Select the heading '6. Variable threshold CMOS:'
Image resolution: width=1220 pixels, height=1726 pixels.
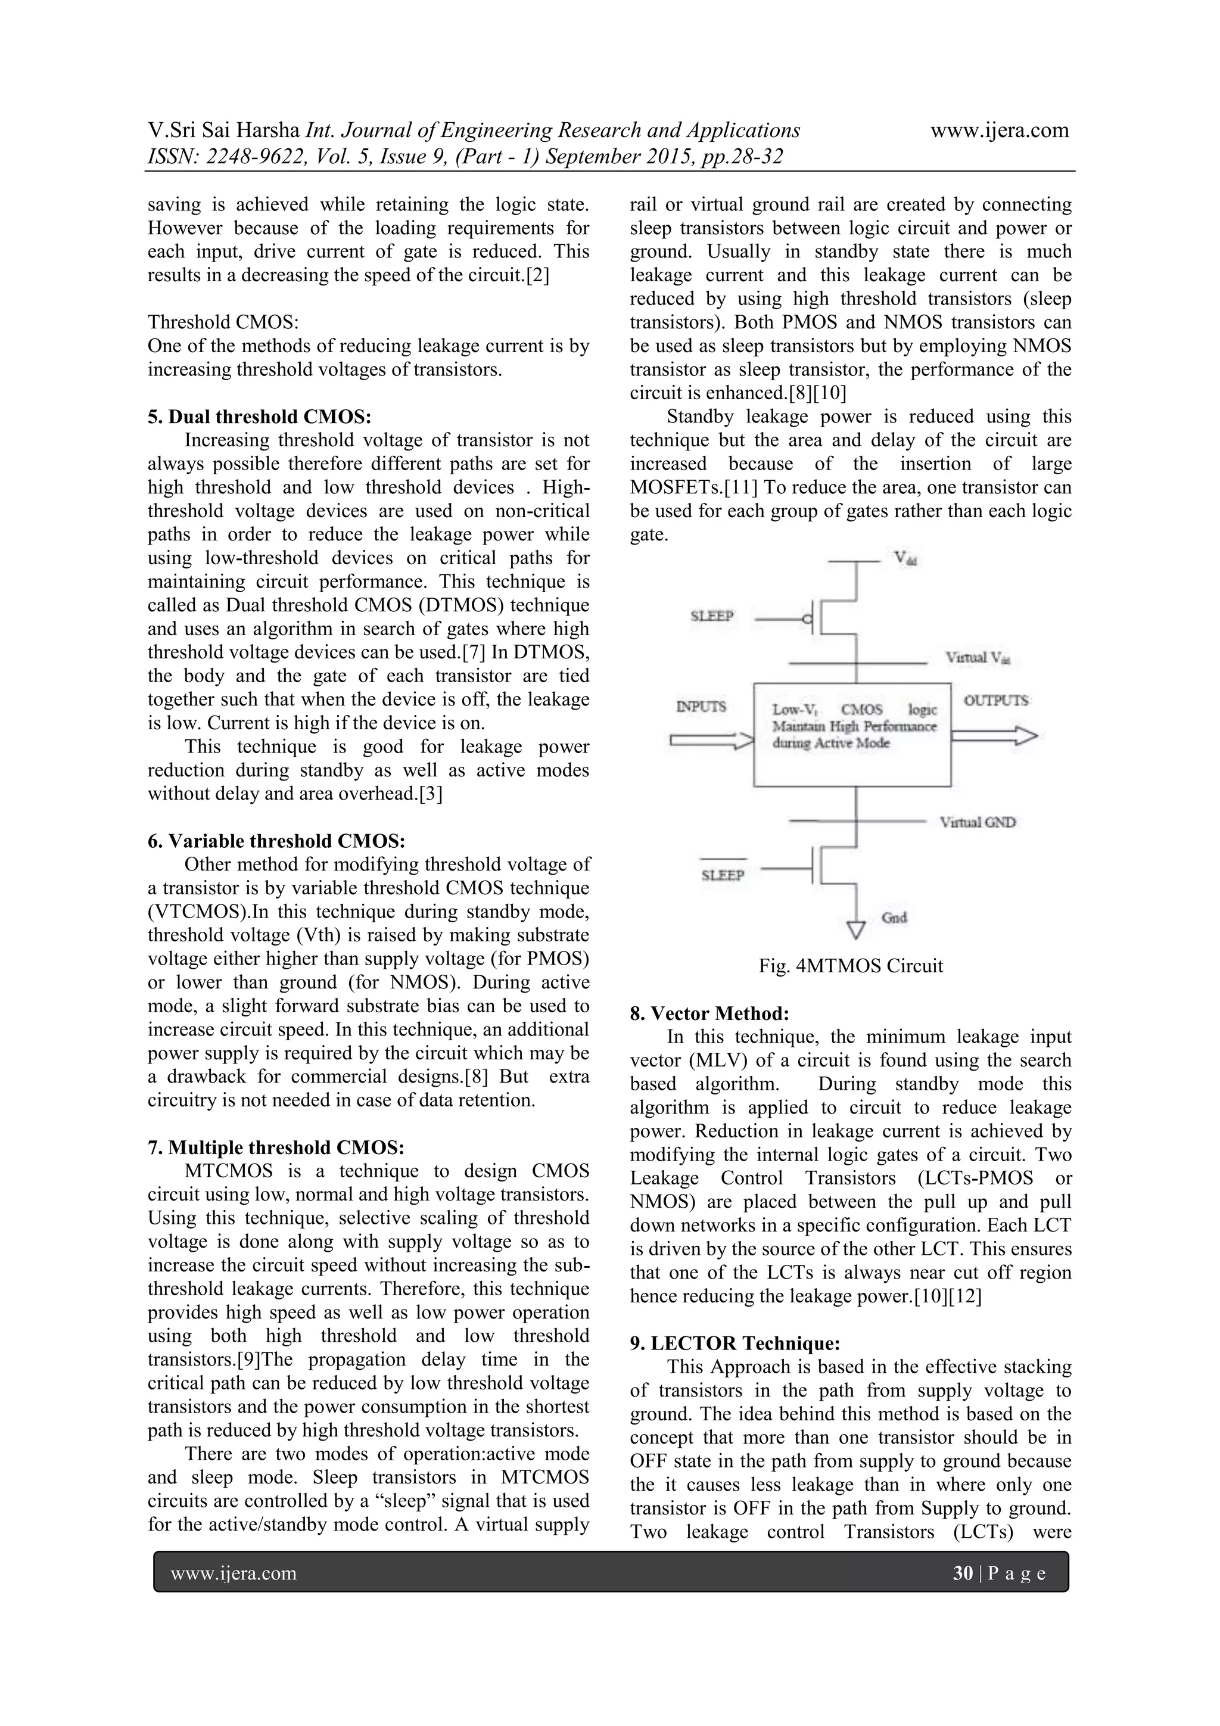(276, 841)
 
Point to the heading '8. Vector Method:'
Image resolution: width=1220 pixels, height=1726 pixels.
(709, 1013)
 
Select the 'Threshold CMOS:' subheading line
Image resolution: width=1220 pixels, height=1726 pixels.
(223, 322)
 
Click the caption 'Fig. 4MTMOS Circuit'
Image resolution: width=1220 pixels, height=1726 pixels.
(850, 966)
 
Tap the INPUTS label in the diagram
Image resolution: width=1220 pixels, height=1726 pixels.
(701, 707)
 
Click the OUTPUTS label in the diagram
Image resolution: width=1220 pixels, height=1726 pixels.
(995, 701)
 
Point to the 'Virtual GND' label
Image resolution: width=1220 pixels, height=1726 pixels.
(977, 822)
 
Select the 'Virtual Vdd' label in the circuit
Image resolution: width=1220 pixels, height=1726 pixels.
(977, 658)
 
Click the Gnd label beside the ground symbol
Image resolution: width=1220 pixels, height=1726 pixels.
(894, 918)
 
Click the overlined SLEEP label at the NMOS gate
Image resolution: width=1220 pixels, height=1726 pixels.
(723, 875)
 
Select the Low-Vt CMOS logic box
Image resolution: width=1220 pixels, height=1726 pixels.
(852, 735)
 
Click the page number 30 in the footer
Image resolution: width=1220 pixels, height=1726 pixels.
(962, 1574)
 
